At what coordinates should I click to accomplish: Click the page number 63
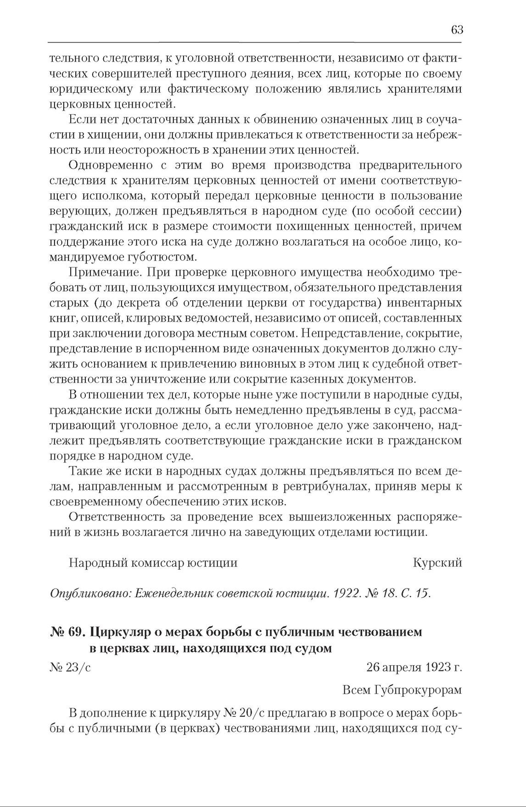coord(457,30)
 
